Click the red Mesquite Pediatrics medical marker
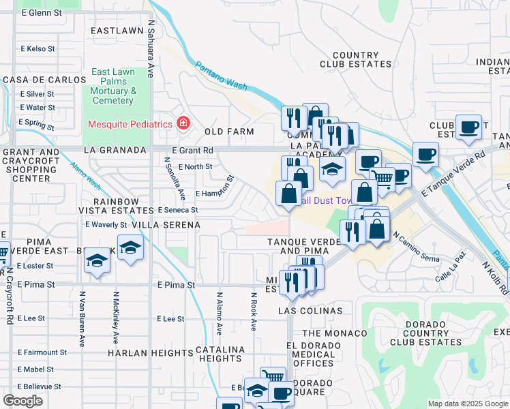(x=183, y=123)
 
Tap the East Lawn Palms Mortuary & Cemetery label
(x=112, y=87)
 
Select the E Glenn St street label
(x=42, y=13)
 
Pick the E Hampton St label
(x=215, y=189)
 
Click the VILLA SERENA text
(x=166, y=225)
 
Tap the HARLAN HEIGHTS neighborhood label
(x=150, y=353)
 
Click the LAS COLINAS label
(x=310, y=311)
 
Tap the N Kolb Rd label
(x=495, y=279)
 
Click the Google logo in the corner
(x=22, y=401)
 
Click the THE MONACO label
(x=330, y=333)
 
